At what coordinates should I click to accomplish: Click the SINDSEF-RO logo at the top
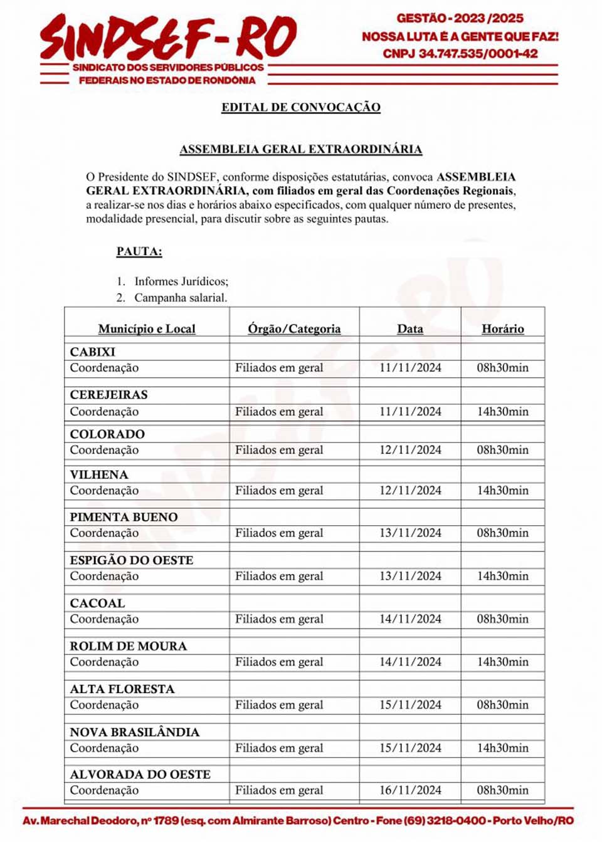(168, 39)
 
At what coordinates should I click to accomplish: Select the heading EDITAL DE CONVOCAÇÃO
(301, 107)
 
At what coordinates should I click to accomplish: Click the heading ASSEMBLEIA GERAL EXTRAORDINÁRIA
(301, 149)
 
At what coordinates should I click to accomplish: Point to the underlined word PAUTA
(139, 251)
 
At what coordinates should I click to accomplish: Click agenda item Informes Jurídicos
(181, 281)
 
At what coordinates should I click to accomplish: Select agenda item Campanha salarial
(181, 298)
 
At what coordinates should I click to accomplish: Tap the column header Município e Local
(147, 328)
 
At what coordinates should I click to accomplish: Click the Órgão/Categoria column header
(294, 328)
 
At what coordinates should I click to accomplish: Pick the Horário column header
(503, 328)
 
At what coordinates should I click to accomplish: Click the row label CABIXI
(93, 352)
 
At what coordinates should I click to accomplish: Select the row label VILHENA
(99, 474)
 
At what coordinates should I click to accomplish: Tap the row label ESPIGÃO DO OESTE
(132, 560)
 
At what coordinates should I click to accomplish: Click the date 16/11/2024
(410, 790)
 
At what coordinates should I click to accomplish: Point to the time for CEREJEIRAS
(503, 412)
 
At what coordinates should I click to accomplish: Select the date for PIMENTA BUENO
(410, 533)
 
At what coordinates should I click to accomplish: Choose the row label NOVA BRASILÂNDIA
(135, 732)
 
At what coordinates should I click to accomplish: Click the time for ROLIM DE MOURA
(503, 662)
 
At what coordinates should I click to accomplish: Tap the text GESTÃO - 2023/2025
(460, 18)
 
